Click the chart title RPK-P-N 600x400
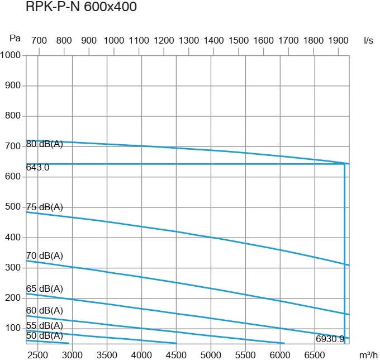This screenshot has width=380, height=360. (x=82, y=7)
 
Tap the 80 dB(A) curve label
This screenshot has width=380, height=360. (x=45, y=144)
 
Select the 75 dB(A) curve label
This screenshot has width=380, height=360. (x=45, y=207)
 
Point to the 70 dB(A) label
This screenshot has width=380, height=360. (x=45, y=255)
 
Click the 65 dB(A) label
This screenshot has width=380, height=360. (x=45, y=288)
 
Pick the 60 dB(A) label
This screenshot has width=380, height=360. (x=45, y=310)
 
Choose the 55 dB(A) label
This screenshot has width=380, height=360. (x=45, y=325)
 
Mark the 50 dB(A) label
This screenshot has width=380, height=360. (x=45, y=335)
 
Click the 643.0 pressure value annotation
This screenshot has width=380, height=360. (x=38, y=167)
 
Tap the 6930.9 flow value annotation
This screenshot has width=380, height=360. (x=330, y=338)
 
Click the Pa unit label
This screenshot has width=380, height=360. (x=15, y=39)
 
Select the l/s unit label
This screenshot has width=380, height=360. (x=368, y=41)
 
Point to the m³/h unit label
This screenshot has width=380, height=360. (x=367, y=354)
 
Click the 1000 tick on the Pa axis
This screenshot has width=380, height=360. (x=11, y=56)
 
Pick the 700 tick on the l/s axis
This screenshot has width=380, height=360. (x=39, y=41)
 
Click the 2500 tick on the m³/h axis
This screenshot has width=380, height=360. (x=38, y=354)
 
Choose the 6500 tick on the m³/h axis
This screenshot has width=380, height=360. (x=315, y=354)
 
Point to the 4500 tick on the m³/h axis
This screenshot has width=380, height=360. (x=176, y=354)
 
